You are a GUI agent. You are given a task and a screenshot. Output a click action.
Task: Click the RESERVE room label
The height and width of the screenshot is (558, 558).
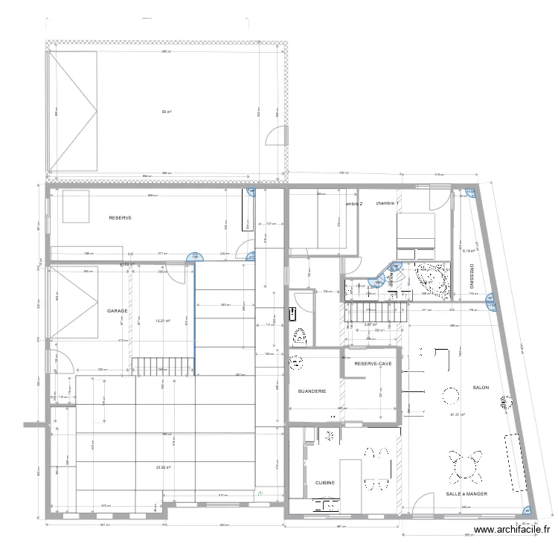pyautogui.click(x=120, y=218)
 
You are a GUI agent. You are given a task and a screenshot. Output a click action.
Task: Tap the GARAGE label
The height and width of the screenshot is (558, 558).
pyautogui.click(x=117, y=311)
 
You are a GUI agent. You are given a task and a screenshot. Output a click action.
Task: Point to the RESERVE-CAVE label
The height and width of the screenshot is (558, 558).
pyautogui.click(x=373, y=364)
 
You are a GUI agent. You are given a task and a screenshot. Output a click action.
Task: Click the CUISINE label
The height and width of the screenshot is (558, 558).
pyautogui.click(x=325, y=482)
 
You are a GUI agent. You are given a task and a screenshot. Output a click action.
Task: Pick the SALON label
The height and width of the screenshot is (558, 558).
pyautogui.click(x=481, y=388)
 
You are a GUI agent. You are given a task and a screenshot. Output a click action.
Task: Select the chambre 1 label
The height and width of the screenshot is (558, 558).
pyautogui.click(x=388, y=203)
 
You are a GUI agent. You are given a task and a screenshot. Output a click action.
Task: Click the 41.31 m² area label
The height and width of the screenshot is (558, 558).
pyautogui.click(x=458, y=415)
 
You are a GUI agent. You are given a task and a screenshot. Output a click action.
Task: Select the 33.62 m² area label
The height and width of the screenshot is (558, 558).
pyautogui.click(x=164, y=467)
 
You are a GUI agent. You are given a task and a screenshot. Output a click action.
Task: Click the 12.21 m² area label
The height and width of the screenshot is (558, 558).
pyautogui.click(x=163, y=321)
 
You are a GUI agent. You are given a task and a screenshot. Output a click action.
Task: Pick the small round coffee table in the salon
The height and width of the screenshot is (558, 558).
pyautogui.click(x=451, y=394)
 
